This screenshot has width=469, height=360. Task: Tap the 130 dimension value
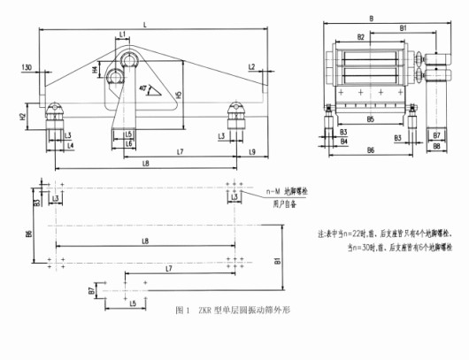(x=27, y=67)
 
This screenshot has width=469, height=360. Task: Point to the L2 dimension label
(x=252, y=67)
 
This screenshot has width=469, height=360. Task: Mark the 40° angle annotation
(x=144, y=88)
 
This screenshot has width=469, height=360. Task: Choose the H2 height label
(x=22, y=116)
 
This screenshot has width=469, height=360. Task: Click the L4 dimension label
(x=70, y=144)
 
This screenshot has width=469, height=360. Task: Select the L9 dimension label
(x=252, y=153)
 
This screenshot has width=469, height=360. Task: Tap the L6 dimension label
(x=128, y=142)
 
